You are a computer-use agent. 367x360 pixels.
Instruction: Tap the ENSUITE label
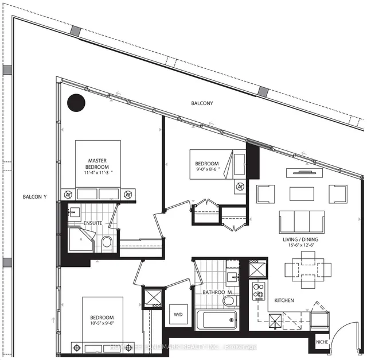[x=92, y=222]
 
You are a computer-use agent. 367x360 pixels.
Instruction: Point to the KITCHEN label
[x=285, y=300]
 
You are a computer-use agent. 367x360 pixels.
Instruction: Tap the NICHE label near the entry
[x=321, y=343]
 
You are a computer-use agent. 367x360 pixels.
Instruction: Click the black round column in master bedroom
[x=76, y=103]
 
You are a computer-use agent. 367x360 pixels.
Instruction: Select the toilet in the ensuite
[x=107, y=243]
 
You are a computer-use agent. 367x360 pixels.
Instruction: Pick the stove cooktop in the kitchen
[x=259, y=292]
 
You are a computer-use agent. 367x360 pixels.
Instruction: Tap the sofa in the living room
[x=300, y=222]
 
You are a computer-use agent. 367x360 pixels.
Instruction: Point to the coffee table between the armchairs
[x=302, y=193]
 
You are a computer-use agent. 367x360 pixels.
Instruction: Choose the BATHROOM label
[x=216, y=292]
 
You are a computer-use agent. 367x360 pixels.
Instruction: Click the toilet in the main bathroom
[x=228, y=300]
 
